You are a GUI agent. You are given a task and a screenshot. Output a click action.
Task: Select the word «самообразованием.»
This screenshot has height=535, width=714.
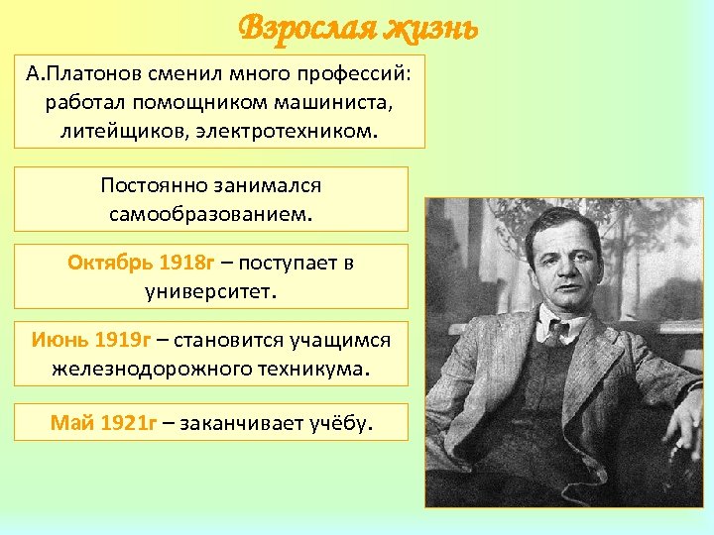coord(211,213)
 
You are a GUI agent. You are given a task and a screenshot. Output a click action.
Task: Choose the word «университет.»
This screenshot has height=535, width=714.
coord(211,290)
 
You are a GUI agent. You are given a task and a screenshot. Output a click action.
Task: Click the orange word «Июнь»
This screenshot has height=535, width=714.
coord(58,341)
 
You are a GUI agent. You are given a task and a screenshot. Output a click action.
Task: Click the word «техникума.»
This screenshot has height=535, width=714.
coord(313,369)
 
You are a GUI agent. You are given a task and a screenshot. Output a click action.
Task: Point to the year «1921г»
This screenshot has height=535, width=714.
coord(130,424)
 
